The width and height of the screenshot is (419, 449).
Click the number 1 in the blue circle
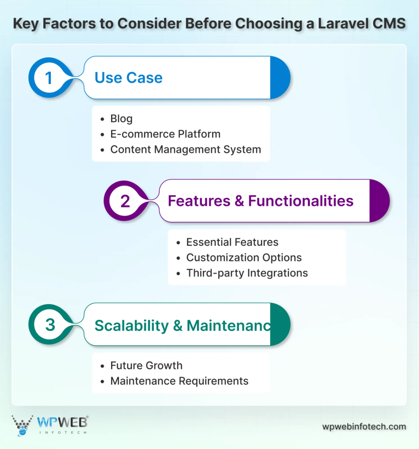[49, 78]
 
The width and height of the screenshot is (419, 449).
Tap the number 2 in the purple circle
[125, 201]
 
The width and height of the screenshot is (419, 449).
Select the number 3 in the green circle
[50, 325]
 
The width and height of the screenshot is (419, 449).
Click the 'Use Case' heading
[128, 78]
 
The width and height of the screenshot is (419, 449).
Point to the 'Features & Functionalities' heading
[261, 201]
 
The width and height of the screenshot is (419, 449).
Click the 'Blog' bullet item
[121, 119]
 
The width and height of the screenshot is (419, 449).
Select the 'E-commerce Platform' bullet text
[165, 134]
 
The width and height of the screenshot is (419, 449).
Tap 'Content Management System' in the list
[185, 149]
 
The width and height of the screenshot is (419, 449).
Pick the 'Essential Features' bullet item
[232, 242]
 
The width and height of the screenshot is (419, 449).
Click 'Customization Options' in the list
[244, 258]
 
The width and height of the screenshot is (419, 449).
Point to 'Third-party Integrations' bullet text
[247, 273]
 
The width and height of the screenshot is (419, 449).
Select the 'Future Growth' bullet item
[146, 366]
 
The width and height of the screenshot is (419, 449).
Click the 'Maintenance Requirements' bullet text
[179, 381]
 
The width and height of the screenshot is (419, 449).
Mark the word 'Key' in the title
[26, 24]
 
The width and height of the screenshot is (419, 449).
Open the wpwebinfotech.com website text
[364, 427]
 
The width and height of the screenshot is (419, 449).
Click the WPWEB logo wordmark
[62, 422]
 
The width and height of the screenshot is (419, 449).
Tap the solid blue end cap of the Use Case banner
[279, 78]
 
